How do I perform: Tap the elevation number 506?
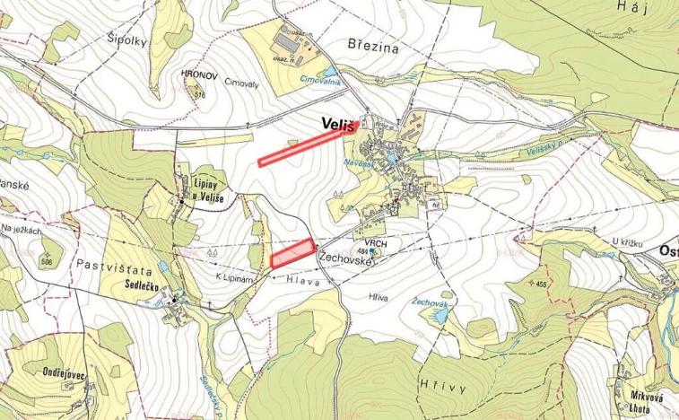(x=48, y=261)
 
